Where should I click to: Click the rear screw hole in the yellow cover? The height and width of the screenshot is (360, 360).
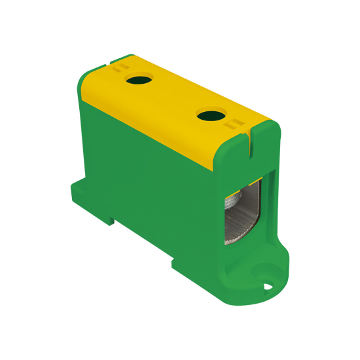tap(138, 82)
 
